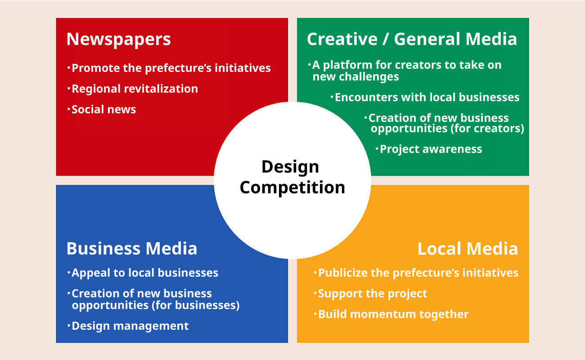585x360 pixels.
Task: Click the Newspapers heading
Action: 118,40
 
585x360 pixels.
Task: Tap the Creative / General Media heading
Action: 412,39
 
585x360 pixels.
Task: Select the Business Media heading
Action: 131,248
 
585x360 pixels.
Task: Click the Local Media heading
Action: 468,248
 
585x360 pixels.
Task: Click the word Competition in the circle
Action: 292,188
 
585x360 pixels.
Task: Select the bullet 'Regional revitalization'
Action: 133,89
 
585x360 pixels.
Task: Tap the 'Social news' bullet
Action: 102,109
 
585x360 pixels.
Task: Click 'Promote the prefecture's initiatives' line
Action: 169,68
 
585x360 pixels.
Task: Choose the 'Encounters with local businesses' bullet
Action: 425,98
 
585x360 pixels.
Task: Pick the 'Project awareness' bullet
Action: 429,149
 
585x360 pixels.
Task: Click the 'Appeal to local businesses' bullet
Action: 143,273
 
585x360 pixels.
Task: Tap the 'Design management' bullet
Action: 128,326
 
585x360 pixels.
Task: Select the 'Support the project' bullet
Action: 370,294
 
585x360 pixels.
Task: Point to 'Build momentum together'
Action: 391,314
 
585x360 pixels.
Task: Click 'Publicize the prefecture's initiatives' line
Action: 416,273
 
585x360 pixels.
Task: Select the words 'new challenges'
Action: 355,77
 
